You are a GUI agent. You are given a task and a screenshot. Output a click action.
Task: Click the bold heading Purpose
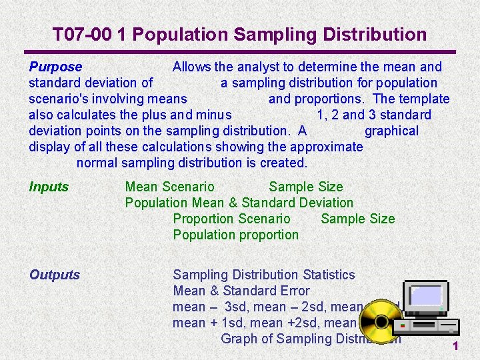click(x=55, y=67)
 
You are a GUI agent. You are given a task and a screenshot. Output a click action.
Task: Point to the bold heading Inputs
click(x=49, y=187)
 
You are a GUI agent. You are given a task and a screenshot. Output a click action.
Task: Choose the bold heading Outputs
click(x=55, y=275)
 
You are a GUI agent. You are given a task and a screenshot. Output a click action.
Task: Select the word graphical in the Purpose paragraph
click(x=391, y=131)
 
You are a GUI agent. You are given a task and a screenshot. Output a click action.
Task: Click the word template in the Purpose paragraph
click(x=424, y=99)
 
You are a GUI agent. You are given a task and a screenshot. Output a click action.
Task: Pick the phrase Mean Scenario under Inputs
click(x=170, y=187)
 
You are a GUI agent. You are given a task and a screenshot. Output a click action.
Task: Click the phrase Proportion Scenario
click(x=231, y=219)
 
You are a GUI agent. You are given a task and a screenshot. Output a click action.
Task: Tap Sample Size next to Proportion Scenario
click(x=357, y=219)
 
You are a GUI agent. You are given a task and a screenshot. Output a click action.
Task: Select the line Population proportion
click(x=235, y=235)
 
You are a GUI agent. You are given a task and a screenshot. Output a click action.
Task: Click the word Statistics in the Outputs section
click(x=329, y=275)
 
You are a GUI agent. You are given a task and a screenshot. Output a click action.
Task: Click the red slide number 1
click(x=455, y=345)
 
